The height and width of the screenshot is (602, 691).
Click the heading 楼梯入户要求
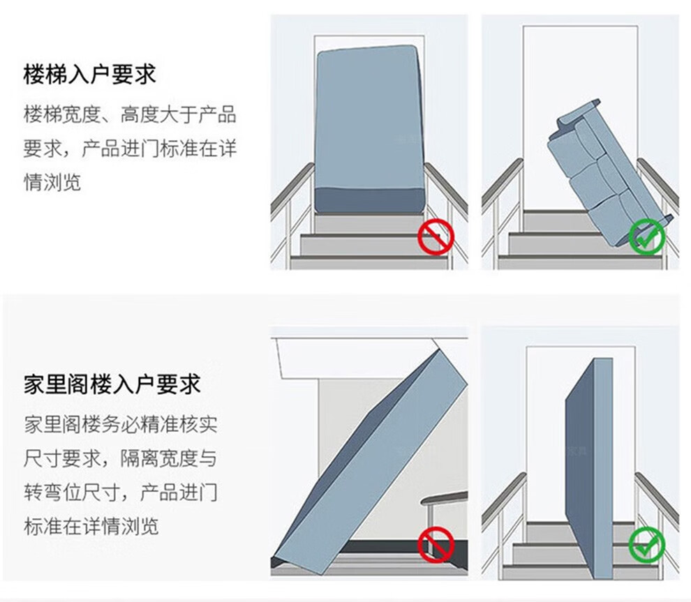pyautogui.click(x=89, y=75)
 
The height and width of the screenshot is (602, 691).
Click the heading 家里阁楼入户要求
pyautogui.click(x=112, y=384)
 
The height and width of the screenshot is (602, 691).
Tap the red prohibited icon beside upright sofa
pyautogui.click(x=436, y=238)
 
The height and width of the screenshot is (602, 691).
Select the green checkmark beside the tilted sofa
pyautogui.click(x=646, y=237)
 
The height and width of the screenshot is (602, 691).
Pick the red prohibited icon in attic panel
pyautogui.click(x=436, y=545)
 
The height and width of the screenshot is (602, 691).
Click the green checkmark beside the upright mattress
pyautogui.click(x=646, y=545)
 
